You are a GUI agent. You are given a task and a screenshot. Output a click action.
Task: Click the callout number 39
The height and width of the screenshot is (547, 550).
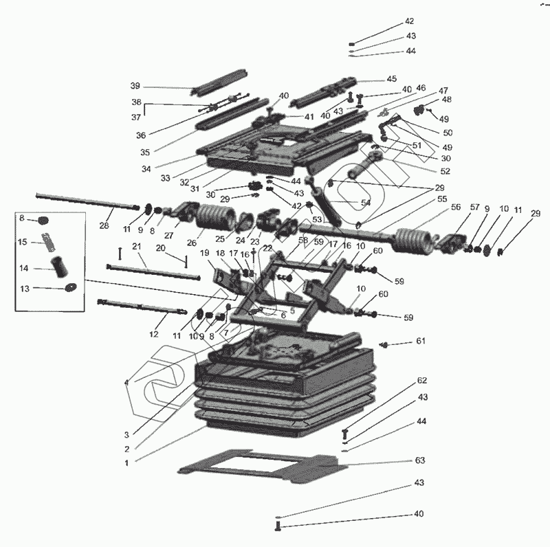pyautogui.click(x=135, y=86)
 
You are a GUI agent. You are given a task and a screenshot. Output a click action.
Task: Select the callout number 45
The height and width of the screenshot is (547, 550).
pyautogui.click(x=391, y=79)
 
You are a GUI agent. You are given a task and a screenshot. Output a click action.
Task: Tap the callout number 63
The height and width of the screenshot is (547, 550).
pyautogui.click(x=420, y=460)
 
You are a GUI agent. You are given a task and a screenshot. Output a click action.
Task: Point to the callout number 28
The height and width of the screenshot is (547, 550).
pyautogui.click(x=104, y=225)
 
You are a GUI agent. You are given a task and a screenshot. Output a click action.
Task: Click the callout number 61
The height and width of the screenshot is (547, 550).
pyautogui.click(x=420, y=341)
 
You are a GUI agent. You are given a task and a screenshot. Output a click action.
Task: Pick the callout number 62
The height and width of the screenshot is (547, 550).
pyautogui.click(x=422, y=380)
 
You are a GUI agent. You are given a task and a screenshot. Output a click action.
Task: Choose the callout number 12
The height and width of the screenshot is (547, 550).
pyautogui.click(x=153, y=334)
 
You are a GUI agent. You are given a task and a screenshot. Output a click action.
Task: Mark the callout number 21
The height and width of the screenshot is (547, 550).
pyautogui.click(x=136, y=247)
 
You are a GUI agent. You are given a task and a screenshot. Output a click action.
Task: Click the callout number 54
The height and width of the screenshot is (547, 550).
pyautogui.click(x=365, y=203)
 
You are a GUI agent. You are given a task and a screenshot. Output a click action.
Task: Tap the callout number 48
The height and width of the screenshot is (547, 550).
pyautogui.click(x=447, y=99)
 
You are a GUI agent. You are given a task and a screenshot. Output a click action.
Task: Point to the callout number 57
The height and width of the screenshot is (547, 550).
pyautogui.click(x=474, y=207)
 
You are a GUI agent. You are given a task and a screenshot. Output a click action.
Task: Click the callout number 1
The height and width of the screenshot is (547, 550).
pyautogui.click(x=126, y=462)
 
